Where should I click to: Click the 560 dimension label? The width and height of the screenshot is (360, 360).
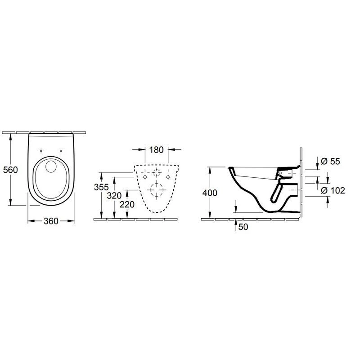coord(10,170)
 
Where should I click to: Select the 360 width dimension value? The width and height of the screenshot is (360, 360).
coord(51,221)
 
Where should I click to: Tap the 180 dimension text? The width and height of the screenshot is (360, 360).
coord(156,150)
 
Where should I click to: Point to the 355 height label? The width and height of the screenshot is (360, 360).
coord(101,187)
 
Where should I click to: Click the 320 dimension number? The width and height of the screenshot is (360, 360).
coord(114,196)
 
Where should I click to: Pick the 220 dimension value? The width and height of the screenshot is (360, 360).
coord(127,204)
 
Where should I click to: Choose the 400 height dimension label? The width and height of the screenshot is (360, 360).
coord(210,193)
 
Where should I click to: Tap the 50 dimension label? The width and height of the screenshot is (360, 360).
coord(243,227)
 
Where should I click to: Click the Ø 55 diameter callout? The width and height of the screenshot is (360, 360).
coord(330,161)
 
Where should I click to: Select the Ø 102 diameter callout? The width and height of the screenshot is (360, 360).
coord(333,190)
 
